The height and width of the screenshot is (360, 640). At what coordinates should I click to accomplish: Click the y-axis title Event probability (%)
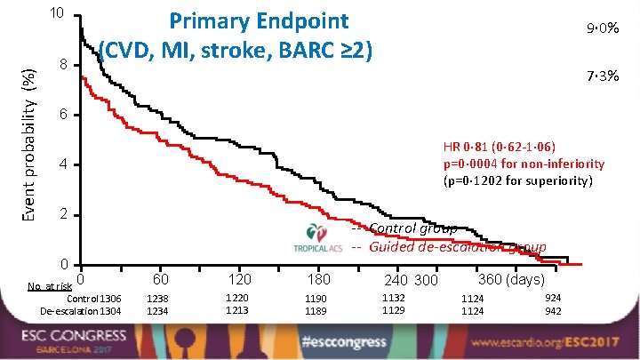click(30, 133)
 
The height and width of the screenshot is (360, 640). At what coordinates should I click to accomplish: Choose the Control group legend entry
click(412, 228)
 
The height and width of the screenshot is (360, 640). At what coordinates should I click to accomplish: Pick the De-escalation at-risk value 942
click(552, 311)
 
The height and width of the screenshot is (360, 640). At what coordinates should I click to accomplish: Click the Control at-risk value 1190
click(316, 300)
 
